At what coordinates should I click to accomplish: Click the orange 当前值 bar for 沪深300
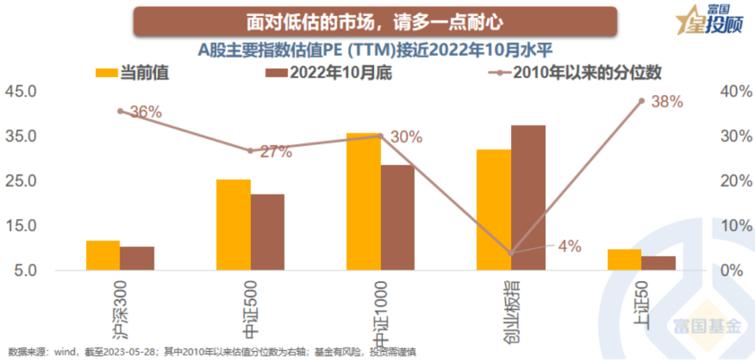tap(103, 256)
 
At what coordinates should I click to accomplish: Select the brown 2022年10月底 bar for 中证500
tap(268, 232)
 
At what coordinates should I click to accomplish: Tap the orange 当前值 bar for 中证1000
tap(364, 201)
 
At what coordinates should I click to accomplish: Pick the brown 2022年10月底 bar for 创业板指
tap(528, 198)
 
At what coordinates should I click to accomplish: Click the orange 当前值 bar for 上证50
tap(624, 260)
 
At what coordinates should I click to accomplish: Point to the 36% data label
tap(145, 112)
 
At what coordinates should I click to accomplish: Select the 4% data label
tap(569, 246)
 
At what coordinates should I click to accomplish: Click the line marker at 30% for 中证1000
tap(381, 136)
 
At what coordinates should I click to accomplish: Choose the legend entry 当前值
tap(133, 73)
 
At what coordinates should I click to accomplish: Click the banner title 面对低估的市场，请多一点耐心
tap(375, 22)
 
